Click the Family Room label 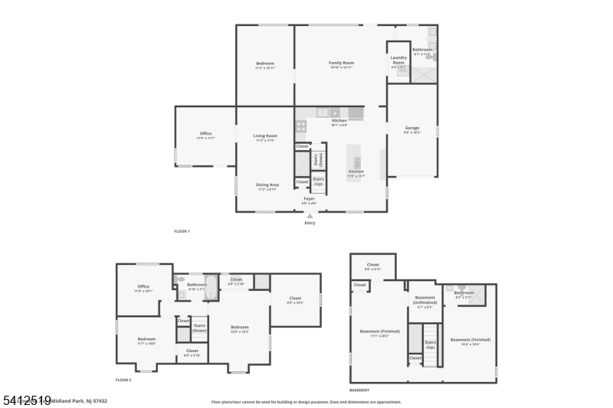(x=341, y=63)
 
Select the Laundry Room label (x=398, y=60)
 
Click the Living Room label (x=264, y=136)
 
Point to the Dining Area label (x=267, y=184)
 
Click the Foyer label (x=309, y=199)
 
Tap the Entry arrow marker (x=310, y=216)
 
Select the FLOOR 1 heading (x=182, y=231)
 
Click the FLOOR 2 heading (x=123, y=380)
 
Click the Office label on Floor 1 (x=205, y=134)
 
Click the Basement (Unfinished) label (x=425, y=299)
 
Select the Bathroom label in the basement (x=464, y=292)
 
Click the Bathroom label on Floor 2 (x=197, y=285)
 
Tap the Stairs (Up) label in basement (x=431, y=344)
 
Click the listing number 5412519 (x=26, y=400)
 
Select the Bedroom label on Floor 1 (x=265, y=63)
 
